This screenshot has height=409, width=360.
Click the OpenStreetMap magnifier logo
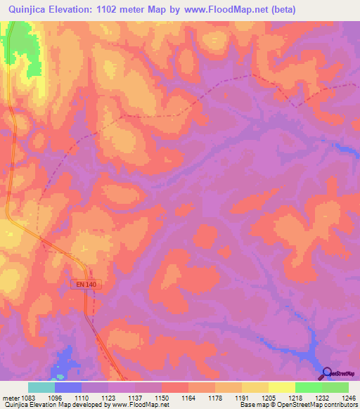327,373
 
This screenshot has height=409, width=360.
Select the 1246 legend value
347,397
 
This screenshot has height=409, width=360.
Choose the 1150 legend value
161,397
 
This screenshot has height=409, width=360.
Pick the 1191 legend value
241,397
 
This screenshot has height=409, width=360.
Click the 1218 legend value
294,397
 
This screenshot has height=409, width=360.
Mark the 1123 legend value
108,397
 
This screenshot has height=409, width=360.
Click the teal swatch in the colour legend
41,387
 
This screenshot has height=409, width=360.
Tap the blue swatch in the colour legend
67,387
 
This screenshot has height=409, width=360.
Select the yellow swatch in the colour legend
281,387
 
